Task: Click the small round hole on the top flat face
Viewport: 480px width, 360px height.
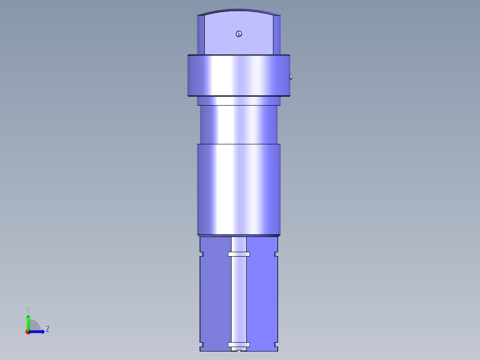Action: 239,34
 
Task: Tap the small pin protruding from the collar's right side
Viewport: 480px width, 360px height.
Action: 291,77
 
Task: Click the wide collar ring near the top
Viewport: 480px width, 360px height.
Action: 239,76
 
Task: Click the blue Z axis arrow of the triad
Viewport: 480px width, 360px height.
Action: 38,331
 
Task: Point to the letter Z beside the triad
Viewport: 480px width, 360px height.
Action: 47,329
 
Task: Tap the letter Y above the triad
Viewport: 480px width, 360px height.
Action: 28,309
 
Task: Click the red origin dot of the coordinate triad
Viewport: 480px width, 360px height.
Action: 28,332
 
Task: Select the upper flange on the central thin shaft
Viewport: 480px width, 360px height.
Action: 239,254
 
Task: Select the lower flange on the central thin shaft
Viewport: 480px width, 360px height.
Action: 239,344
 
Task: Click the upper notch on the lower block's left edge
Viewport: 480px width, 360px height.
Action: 201,254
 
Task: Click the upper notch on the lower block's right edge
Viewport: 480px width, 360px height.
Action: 276,254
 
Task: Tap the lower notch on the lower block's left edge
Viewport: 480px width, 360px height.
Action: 201,344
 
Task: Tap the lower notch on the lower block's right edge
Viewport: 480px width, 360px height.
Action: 276,344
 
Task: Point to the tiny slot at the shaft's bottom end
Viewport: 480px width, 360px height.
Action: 239,350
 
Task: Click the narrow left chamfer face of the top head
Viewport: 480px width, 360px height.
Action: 201,35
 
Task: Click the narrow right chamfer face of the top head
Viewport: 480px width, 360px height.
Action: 277,35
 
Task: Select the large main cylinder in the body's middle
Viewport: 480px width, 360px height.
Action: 239,189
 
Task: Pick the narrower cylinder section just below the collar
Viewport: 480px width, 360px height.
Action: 239,125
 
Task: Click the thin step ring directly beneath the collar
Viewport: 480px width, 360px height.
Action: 239,102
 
